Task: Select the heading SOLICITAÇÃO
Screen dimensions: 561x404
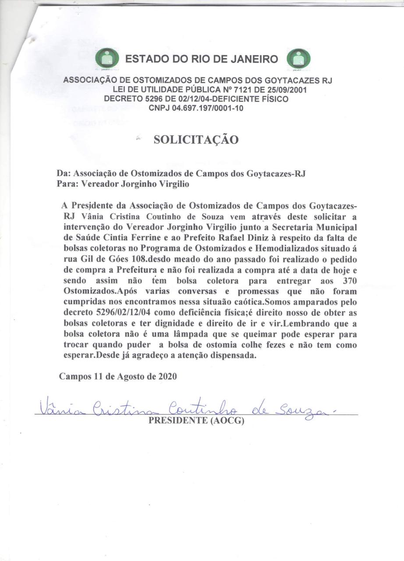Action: click(196, 140)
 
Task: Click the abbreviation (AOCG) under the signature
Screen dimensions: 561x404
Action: click(227, 421)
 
